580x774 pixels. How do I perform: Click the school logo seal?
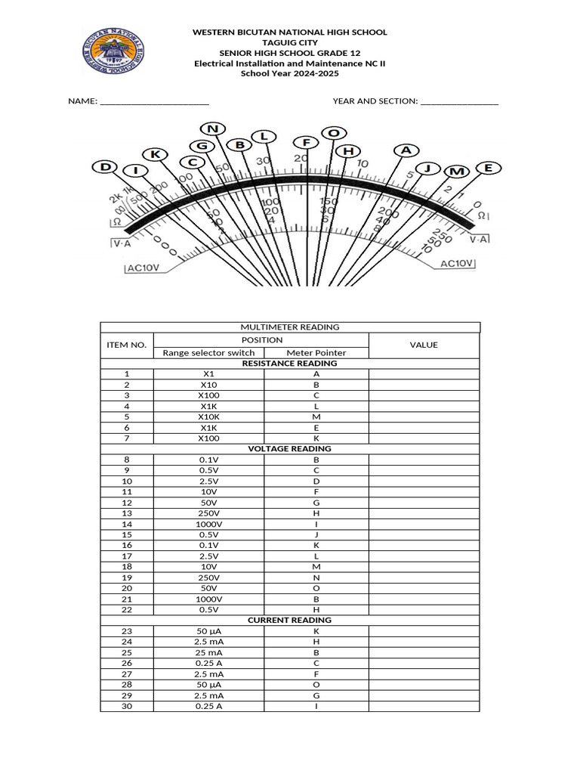(x=115, y=52)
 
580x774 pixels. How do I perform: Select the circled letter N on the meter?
(x=213, y=128)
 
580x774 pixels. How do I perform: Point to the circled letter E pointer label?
(x=487, y=168)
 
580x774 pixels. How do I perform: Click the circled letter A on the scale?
(x=406, y=150)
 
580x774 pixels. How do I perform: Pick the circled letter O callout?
(x=333, y=133)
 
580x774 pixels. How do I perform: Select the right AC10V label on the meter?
(x=457, y=263)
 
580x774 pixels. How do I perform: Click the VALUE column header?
(x=424, y=345)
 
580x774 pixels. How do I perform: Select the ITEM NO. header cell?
(x=127, y=345)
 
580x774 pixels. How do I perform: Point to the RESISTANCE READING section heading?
(x=289, y=363)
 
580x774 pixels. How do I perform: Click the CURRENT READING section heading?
(x=289, y=620)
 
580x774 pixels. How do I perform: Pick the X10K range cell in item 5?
(x=208, y=416)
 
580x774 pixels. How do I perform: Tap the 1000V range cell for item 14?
(x=208, y=524)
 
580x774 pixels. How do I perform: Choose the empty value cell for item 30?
(x=424, y=706)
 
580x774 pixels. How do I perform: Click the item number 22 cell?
(x=127, y=609)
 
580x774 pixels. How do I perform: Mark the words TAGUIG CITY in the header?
(x=290, y=43)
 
